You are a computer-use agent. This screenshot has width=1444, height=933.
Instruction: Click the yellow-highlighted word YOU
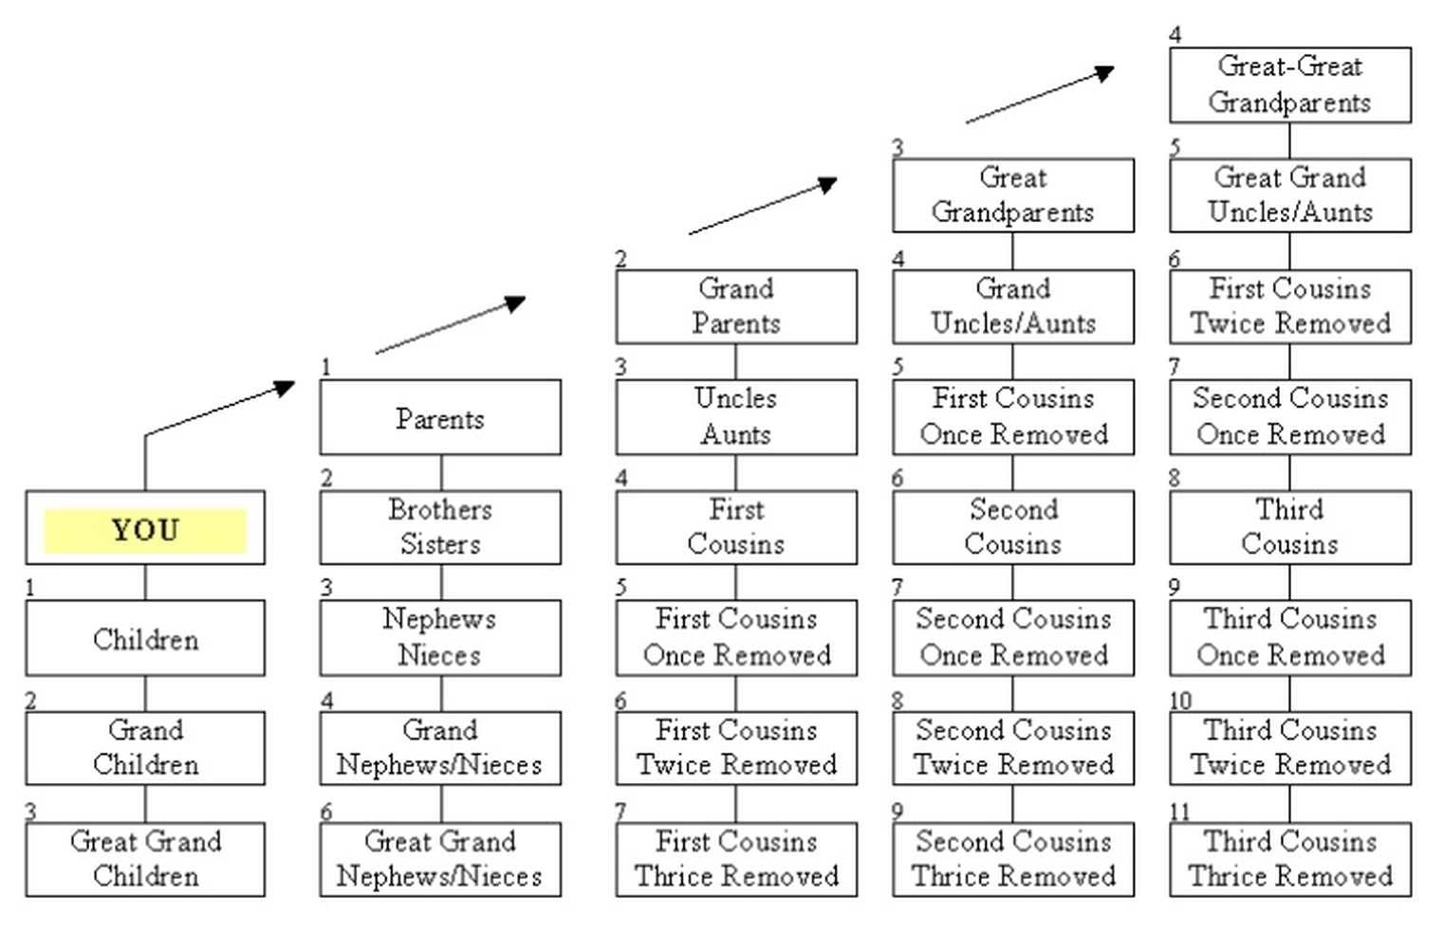point(145,529)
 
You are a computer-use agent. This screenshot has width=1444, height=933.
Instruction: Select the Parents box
point(440,418)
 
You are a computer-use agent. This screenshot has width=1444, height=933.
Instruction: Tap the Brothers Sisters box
point(440,527)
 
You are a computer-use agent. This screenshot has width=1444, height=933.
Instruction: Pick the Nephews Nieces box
point(440,637)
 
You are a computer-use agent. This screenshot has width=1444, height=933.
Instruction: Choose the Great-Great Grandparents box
point(1289,84)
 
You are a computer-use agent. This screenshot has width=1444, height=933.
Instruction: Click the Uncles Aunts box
point(736,417)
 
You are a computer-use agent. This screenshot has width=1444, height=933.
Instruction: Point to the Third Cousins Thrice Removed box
point(1289,859)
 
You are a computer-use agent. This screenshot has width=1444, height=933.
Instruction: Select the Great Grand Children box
point(145,859)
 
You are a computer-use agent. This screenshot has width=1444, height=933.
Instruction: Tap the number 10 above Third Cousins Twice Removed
point(1180,701)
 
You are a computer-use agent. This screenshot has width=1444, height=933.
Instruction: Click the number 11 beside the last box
point(1179,812)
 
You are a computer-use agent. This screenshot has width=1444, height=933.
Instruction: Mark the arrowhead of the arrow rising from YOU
point(285,387)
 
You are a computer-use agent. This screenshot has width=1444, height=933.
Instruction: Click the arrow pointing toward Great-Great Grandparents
point(1040,95)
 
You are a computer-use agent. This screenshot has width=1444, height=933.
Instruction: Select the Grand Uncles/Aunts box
point(1012,306)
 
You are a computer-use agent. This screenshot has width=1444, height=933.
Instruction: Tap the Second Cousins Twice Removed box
point(1012,748)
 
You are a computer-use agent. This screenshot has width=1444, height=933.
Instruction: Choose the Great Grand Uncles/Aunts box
point(1289,195)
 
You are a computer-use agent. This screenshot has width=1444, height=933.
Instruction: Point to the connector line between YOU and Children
point(145,582)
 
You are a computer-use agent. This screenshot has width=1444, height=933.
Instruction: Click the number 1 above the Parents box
point(326,367)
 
